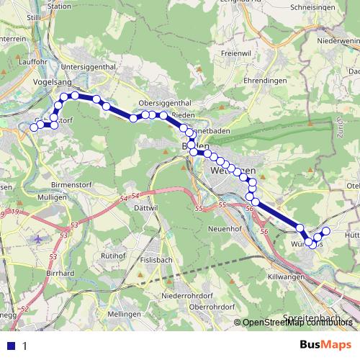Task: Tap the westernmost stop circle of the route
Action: pos(34,127)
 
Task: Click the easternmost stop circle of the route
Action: pos(325,231)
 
